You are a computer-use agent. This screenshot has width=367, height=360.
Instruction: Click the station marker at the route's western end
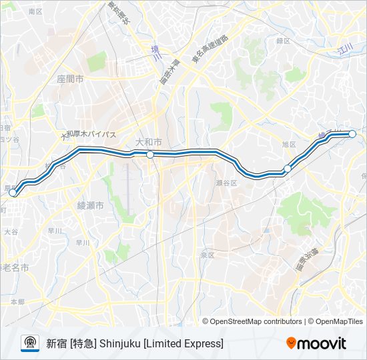click(x=13, y=192)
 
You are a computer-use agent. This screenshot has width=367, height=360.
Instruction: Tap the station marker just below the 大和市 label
click(x=150, y=155)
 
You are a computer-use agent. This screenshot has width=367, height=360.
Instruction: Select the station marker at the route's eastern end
click(x=352, y=134)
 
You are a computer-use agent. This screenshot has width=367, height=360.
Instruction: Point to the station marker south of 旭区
click(x=288, y=169)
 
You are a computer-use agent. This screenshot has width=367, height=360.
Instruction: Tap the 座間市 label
click(x=70, y=79)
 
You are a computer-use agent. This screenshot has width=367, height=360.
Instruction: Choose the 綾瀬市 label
click(x=91, y=207)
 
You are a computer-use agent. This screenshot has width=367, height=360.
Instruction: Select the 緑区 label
click(x=283, y=41)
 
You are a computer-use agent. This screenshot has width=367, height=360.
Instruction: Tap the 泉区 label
click(x=206, y=255)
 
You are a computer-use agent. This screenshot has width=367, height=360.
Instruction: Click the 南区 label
click(x=35, y=12)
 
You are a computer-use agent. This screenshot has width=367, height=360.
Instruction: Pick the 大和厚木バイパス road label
click(x=88, y=134)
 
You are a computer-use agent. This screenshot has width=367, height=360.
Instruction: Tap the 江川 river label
click(x=345, y=49)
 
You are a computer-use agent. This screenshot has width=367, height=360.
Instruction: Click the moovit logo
click(x=316, y=343)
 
